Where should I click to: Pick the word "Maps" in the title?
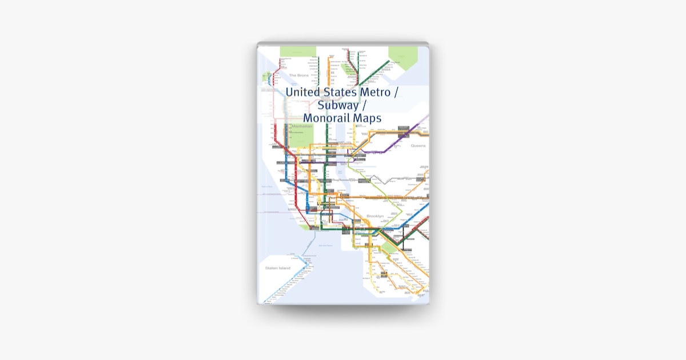368,118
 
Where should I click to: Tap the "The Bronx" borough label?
298,75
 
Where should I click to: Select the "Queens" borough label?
418,146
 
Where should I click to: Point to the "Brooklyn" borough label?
375,216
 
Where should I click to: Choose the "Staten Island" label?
278,268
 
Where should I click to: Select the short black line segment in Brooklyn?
404,243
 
